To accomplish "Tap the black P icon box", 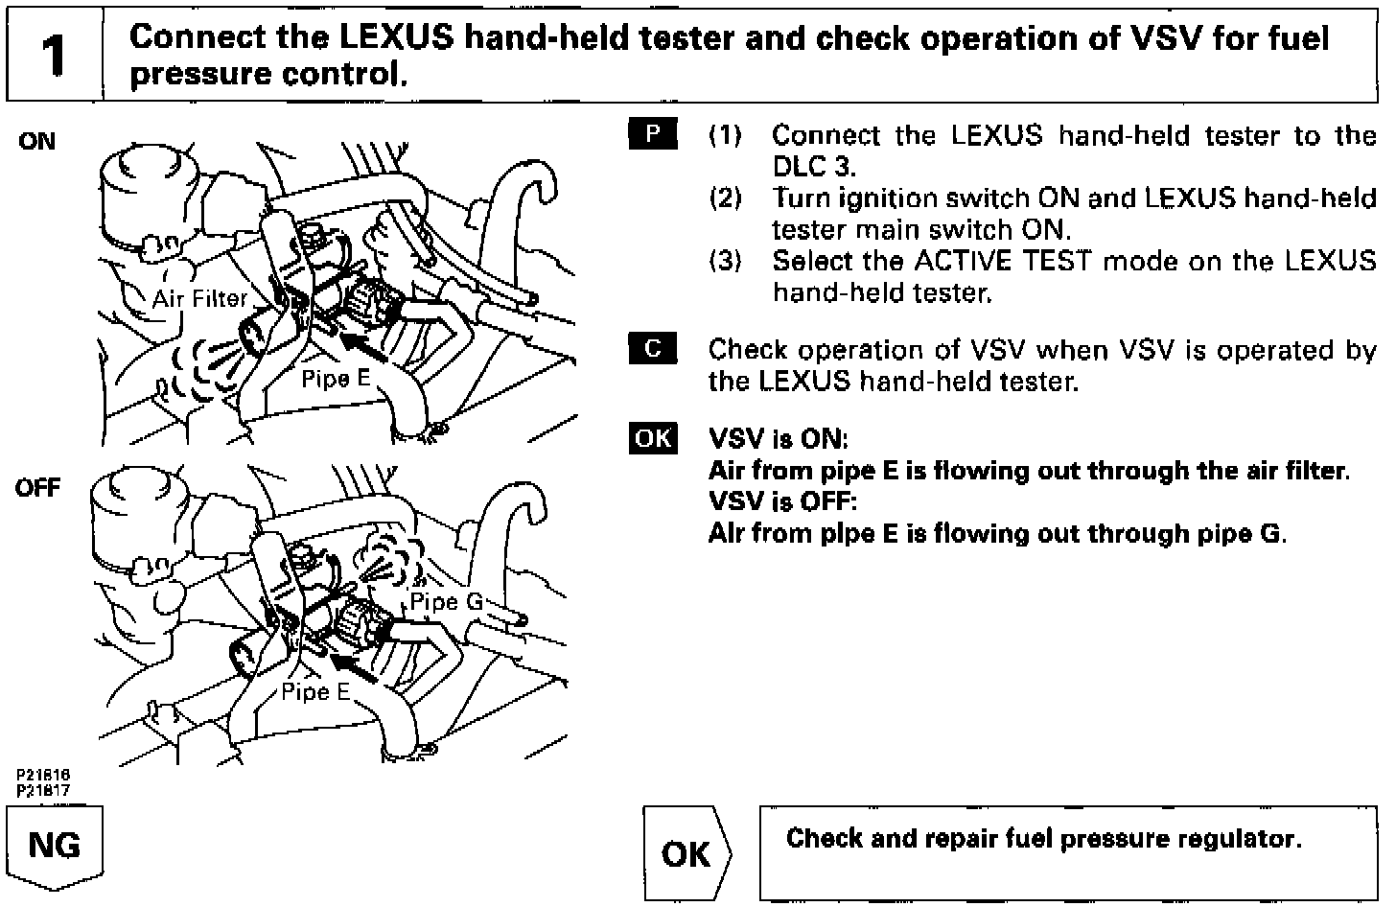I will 653,134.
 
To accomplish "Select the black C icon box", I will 653,349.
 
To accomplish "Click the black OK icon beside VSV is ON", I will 653,438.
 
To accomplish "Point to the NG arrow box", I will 55,847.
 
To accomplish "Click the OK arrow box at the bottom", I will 686,852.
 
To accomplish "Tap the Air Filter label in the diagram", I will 199,299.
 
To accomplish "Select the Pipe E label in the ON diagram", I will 336,378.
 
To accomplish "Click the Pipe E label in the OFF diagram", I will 315,692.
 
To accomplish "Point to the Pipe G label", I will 446,602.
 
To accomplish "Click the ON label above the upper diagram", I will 37,142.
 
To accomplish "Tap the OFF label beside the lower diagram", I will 37,488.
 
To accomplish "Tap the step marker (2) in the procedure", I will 725,198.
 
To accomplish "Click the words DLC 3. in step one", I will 813,166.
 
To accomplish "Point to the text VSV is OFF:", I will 781,501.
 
